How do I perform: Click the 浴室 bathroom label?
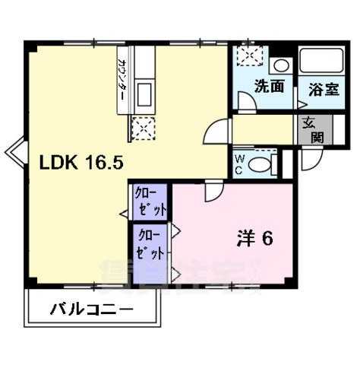coord(323,89)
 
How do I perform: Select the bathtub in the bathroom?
coord(322,62)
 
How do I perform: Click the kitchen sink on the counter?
coord(144,95)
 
